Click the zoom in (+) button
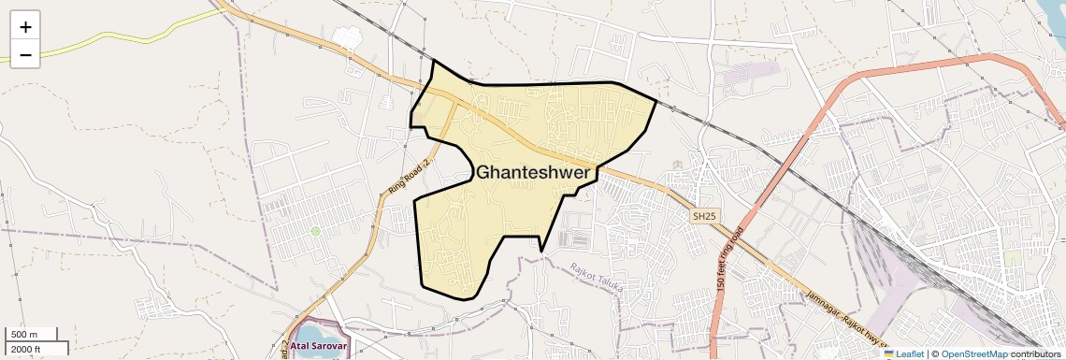(x=25, y=27)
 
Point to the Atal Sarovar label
(x=318, y=347)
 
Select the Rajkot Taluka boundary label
(x=597, y=278)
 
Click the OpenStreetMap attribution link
(x=973, y=354)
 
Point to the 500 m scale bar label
(x=24, y=335)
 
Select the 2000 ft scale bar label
(x=27, y=349)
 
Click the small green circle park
(x=316, y=230)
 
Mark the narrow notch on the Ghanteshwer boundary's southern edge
(x=541, y=250)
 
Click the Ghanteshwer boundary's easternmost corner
(x=656, y=102)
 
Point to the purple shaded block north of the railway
(x=754, y=71)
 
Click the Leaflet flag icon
(x=889, y=354)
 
